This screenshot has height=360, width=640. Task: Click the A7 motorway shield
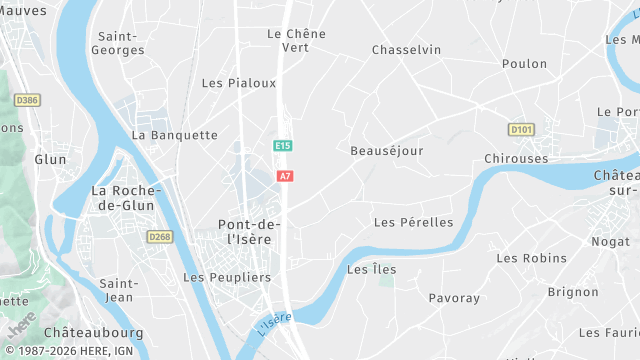[285, 176]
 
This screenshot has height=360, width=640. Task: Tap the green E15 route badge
[283, 146]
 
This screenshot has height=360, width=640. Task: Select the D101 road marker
[520, 129]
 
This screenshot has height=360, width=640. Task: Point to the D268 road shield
[159, 237]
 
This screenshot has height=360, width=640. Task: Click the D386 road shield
[27, 100]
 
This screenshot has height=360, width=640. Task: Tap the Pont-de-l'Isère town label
[249, 231]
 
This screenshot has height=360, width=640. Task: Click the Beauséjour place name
[387, 151]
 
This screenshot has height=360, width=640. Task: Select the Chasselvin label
[406, 49]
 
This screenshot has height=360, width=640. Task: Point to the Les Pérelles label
[413, 222]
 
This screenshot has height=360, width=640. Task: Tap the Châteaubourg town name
[94, 332]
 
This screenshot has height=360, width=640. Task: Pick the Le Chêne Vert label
[296, 40]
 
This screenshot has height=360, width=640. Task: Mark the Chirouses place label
[516, 159]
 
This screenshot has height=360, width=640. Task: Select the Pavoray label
[454, 298]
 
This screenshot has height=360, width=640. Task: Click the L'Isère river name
[274, 324]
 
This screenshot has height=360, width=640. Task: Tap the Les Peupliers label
[227, 277]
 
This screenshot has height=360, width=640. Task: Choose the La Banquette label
[175, 135]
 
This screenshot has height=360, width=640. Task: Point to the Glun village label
[50, 159]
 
